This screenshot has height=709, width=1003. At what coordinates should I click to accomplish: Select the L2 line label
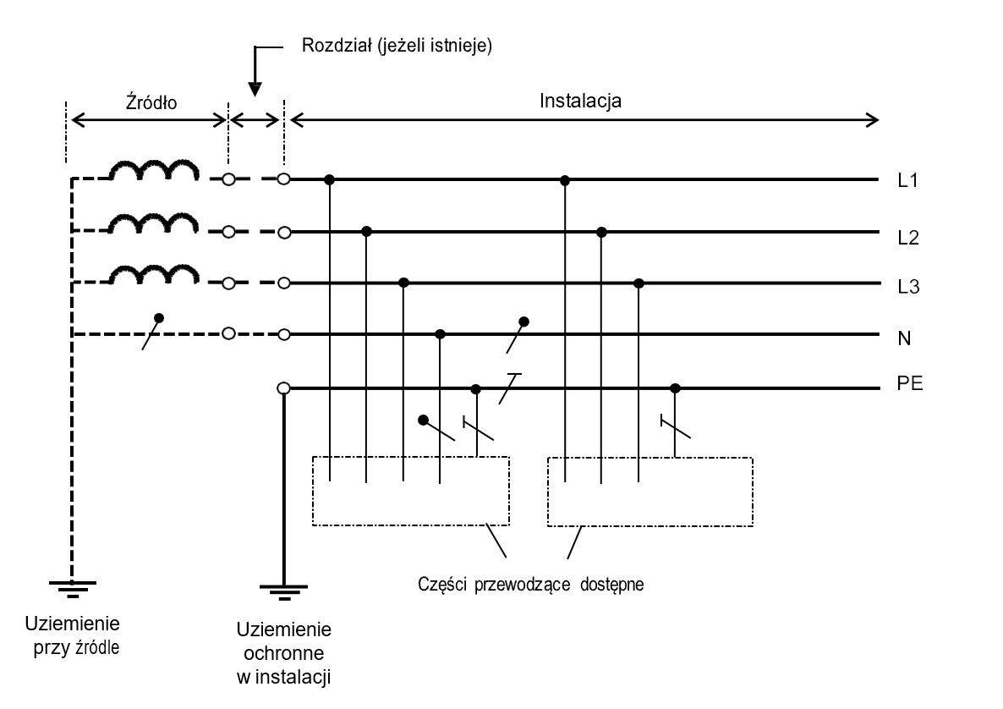point(908,239)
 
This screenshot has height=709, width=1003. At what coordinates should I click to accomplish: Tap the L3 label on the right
point(908,289)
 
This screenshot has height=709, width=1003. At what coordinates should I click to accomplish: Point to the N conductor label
point(905,338)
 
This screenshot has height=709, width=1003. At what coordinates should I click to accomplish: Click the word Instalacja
point(581,102)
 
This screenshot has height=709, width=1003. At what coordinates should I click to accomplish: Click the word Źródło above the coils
point(147,103)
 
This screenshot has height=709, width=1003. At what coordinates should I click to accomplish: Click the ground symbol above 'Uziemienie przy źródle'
point(73,586)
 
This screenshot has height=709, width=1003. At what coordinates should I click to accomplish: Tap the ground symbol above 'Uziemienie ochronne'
point(283,590)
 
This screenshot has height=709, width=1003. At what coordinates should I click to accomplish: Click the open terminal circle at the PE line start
point(283,388)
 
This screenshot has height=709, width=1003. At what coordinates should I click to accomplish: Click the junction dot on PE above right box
point(675,388)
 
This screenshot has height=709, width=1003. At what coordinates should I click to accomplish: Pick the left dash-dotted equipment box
point(411,492)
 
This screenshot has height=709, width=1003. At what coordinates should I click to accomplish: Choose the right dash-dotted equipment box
point(650,492)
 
